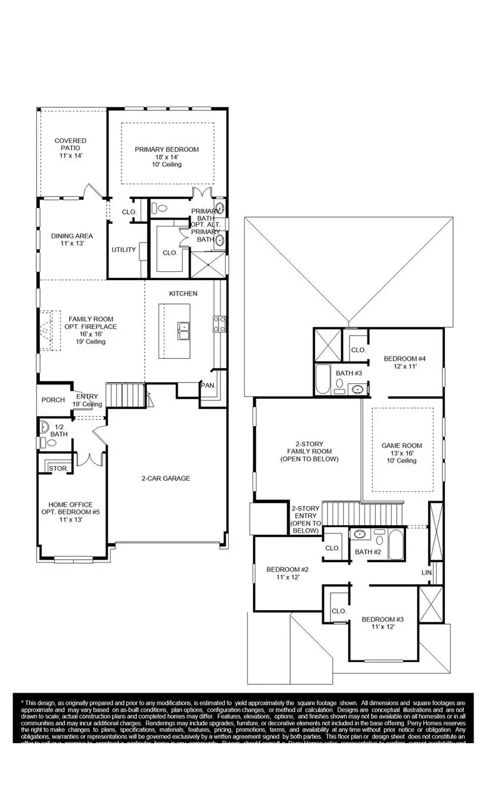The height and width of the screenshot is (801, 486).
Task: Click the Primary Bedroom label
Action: pos(166,150)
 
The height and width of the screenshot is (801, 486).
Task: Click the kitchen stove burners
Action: pos(219,323)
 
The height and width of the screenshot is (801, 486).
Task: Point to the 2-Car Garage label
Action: pos(166,478)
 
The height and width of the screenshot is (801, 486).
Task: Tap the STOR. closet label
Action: pos(57,468)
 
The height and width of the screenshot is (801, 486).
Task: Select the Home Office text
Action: pos(66,505)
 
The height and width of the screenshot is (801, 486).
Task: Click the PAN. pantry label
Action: pos(208,386)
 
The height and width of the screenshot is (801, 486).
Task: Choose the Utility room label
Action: pos(124,250)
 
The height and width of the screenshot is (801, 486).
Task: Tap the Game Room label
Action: pos(401,446)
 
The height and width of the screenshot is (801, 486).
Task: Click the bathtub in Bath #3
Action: pos(323,380)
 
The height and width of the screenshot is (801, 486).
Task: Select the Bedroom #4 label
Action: pos(404,359)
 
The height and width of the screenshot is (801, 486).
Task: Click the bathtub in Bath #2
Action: pos(395,546)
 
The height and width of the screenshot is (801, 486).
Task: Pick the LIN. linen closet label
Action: pos(426,572)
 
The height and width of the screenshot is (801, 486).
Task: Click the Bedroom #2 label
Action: pos(286,570)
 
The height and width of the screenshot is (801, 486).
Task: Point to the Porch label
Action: pos(54,400)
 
